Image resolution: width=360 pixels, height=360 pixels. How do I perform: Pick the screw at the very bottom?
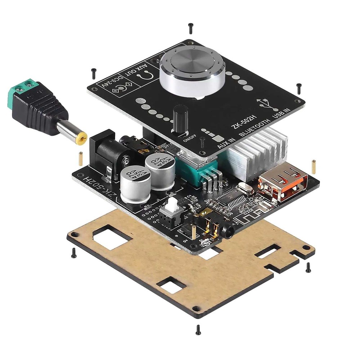198,329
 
